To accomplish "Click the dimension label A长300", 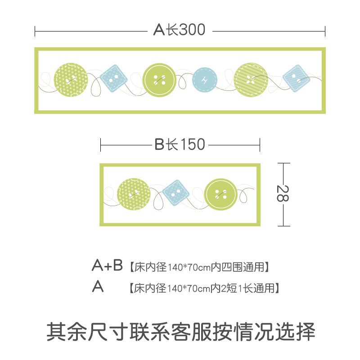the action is [179, 30].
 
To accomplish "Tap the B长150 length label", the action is [180, 144].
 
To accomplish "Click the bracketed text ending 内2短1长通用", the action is [203, 288].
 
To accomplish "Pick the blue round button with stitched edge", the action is [205, 80].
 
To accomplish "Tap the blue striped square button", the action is [296, 79].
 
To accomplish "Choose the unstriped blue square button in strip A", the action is [113, 79].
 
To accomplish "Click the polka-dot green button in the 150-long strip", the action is [134, 194].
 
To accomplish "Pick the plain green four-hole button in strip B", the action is [221, 194].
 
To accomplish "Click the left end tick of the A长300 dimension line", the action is [35, 31].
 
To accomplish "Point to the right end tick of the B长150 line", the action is [260, 145].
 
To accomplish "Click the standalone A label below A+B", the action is [98, 287].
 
